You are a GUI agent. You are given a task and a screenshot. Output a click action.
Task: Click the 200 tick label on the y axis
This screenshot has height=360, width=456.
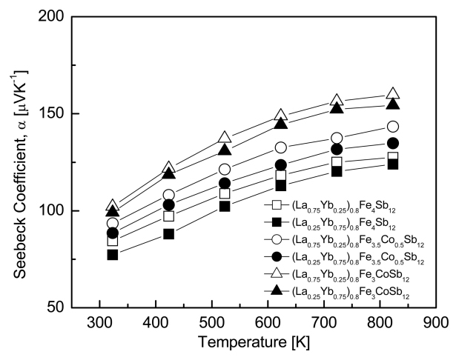pyautogui.click(x=50, y=16)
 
